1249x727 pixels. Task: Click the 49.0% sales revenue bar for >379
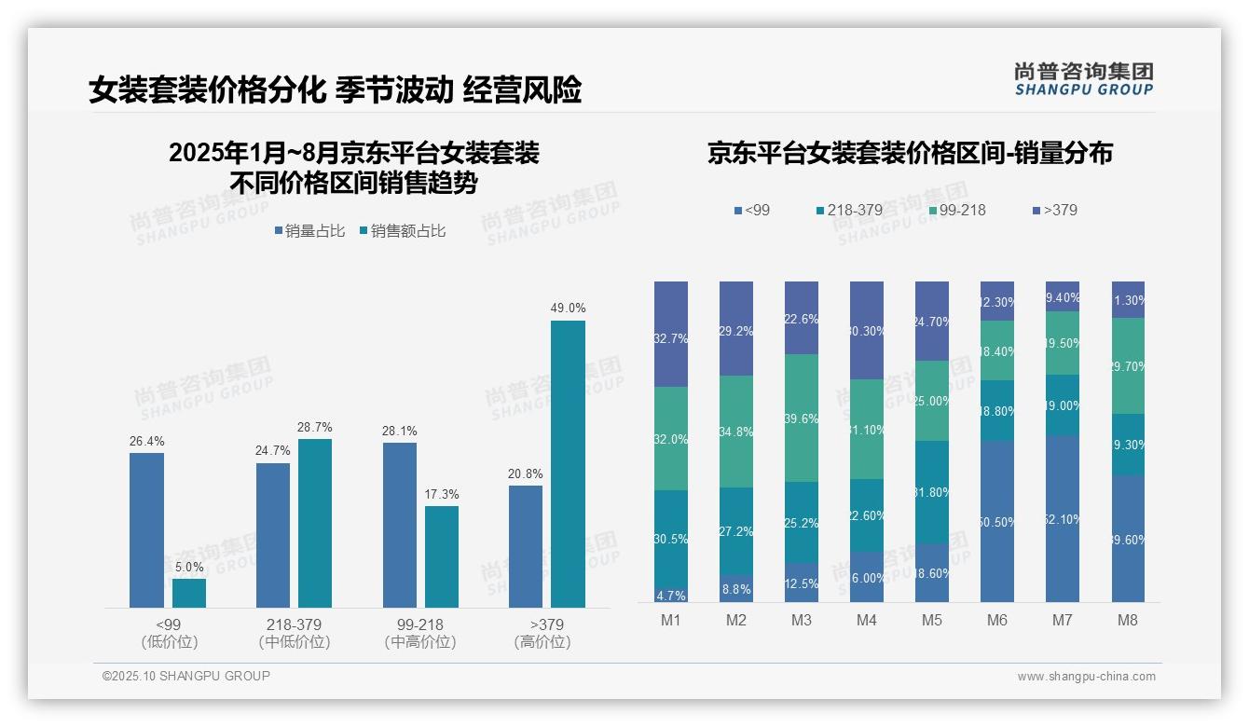[568, 464]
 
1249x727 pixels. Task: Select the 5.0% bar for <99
[189, 594]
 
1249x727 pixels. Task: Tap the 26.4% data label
[146, 441]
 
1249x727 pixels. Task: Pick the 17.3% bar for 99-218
[442, 556]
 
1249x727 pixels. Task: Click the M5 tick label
[932, 621]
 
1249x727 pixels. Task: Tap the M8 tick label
[1128, 621]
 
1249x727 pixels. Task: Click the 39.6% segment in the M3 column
[802, 418]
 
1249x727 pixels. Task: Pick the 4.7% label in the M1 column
[671, 596]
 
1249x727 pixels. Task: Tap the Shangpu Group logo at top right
[1084, 78]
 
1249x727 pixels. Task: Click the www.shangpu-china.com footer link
[1086, 677]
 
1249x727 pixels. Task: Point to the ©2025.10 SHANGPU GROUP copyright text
[186, 676]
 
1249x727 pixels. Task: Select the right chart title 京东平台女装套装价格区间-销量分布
[910, 154]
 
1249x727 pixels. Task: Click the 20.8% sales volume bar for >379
[526, 546]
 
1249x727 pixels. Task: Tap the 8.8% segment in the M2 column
[736, 588]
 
